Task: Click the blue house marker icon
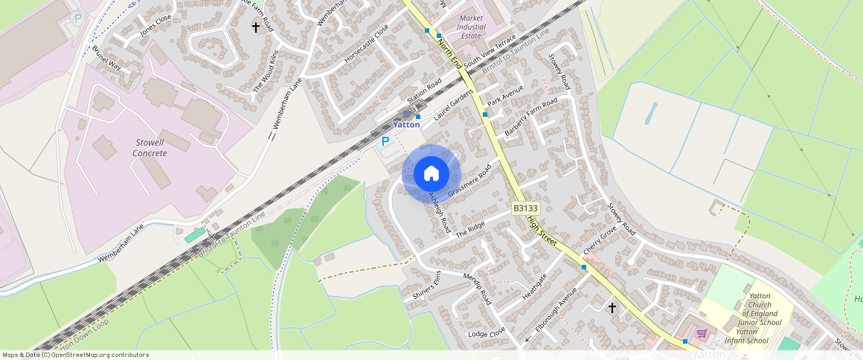431,174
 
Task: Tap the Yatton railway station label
407,124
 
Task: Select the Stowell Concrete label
150,147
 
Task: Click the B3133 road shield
525,209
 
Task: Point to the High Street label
542,231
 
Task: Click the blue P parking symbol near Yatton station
385,141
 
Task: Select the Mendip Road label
478,289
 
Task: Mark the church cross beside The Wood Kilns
256,28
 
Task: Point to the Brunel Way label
106,58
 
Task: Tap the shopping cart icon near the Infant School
701,334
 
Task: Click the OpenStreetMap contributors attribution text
75,355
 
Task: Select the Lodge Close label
487,333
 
